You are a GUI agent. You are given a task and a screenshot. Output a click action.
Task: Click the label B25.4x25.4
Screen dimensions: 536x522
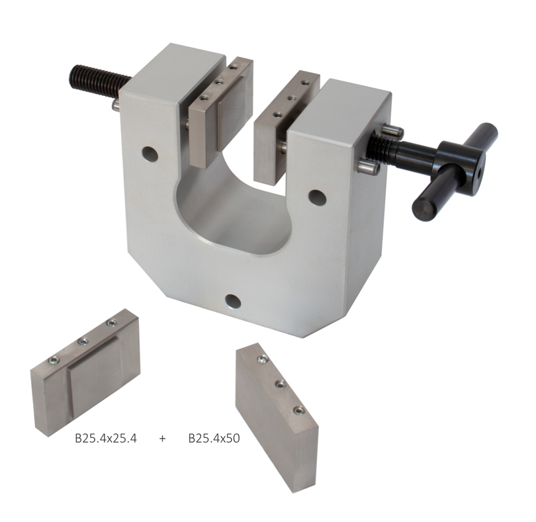coord(106,439)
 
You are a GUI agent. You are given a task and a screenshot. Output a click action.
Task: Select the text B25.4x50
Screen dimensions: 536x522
coord(214,439)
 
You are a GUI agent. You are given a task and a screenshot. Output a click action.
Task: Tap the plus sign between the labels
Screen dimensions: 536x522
coord(162,439)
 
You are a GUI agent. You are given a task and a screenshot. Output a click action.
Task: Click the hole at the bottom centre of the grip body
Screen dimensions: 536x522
coord(233,301)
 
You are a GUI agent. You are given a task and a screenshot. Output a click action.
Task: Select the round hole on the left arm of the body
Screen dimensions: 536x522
coord(150,154)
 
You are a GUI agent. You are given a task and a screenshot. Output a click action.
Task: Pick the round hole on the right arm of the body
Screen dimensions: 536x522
coord(318,197)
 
